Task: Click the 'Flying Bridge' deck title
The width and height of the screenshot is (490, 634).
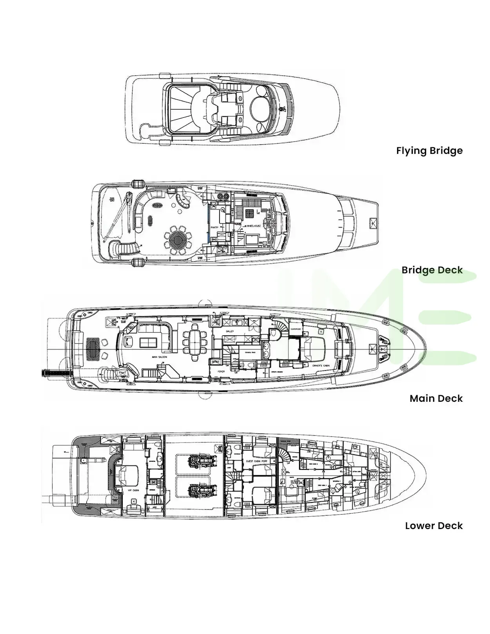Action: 429,151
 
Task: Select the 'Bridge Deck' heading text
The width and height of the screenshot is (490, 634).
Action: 432,270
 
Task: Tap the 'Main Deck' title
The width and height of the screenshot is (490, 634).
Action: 436,399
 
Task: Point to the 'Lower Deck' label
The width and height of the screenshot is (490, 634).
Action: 434,526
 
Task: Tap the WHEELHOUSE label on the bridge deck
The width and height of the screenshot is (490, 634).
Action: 254,226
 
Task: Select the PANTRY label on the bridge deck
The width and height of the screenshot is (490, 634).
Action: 214,228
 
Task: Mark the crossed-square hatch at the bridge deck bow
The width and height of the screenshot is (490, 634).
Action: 372,223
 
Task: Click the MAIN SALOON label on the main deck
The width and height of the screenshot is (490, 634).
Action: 160,357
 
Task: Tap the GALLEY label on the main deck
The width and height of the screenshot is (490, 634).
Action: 230,331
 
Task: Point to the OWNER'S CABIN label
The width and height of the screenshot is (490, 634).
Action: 321,366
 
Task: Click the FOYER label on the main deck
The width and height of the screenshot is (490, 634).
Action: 221,371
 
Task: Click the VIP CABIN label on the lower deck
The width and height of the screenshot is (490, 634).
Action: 133,490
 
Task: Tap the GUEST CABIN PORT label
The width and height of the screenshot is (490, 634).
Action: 257,461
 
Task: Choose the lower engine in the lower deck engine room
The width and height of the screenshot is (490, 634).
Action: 201,490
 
